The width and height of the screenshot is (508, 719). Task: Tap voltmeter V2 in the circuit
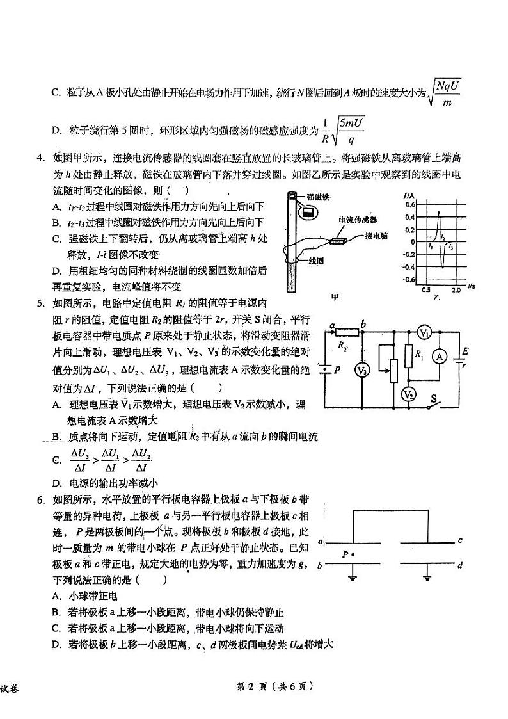click(x=408, y=394)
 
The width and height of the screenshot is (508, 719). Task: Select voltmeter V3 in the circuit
click(x=361, y=371)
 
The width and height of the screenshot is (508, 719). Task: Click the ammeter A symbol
click(x=440, y=359)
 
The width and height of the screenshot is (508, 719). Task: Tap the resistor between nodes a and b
click(x=348, y=331)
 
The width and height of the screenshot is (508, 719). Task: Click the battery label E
click(x=465, y=351)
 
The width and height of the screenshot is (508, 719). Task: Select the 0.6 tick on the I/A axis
click(x=410, y=205)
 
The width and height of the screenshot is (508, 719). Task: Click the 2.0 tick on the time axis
click(x=456, y=290)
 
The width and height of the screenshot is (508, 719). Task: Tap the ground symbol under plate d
click(x=427, y=578)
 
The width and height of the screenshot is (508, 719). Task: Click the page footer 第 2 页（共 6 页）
click(x=275, y=686)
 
